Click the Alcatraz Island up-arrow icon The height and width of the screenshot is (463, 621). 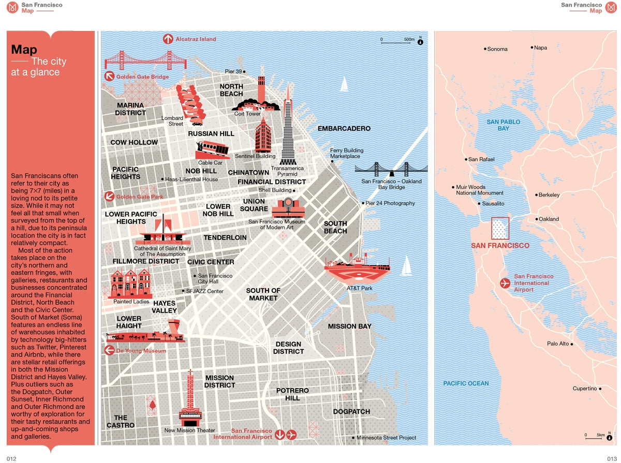168,39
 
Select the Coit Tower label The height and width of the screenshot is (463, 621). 247,114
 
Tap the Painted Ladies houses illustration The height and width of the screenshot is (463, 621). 131,284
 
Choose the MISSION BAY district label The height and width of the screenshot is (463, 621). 349,326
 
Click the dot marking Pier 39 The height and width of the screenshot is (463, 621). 244,71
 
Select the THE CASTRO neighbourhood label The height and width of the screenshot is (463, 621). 121,421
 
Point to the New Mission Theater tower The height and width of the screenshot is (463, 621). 190,398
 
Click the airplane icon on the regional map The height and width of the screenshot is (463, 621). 505,283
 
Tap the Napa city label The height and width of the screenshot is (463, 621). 540,48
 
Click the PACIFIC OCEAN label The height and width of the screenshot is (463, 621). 466,383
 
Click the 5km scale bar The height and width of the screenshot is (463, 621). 593,438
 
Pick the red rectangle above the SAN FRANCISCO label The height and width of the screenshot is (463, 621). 499,228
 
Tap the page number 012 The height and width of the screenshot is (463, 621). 11,458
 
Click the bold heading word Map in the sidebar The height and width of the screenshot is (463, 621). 24,50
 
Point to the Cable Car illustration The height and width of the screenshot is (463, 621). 213,149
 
